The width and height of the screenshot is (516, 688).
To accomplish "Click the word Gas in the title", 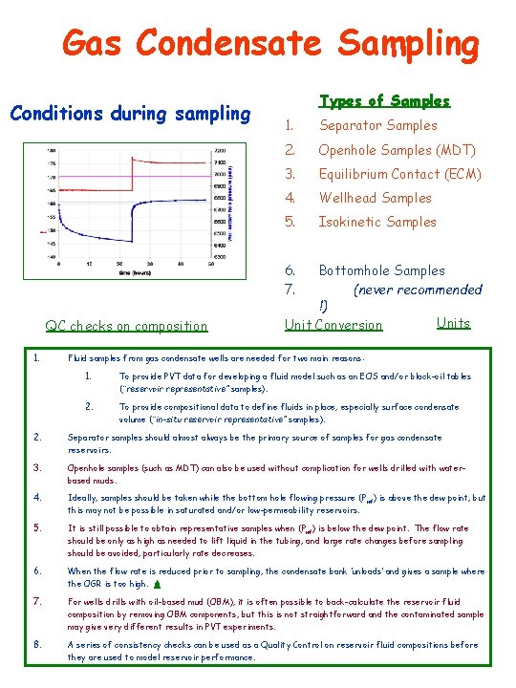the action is click(93, 43).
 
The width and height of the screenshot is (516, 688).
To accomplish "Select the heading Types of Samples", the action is click(384, 100).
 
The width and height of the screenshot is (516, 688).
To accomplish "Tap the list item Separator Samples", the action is click(377, 125).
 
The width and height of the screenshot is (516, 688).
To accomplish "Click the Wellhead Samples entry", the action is click(375, 198).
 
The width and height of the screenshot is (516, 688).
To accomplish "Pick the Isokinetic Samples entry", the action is click(376, 222).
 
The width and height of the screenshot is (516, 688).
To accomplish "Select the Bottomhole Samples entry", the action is click(381, 270).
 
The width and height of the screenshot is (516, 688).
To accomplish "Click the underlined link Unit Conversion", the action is click(333, 325).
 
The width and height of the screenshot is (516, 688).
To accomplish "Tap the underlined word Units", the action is click(453, 322).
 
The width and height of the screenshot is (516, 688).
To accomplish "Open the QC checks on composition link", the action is click(126, 326).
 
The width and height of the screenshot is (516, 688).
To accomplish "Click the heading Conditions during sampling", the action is click(129, 114).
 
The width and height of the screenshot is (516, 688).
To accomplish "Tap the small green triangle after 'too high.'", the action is click(156, 583).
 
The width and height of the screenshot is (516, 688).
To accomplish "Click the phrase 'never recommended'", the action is click(418, 289).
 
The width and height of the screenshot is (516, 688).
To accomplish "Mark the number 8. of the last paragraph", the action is click(36, 644).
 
